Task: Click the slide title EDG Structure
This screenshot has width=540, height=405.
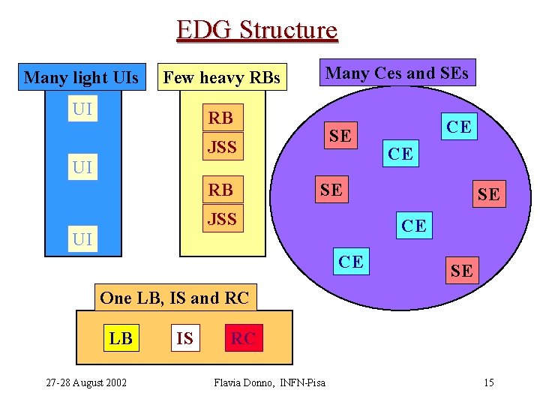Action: pyautogui.click(x=257, y=30)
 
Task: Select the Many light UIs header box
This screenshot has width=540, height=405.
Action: pyautogui.click(x=81, y=77)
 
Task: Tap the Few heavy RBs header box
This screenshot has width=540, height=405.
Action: pyautogui.click(x=222, y=77)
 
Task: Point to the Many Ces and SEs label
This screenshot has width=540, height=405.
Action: pyautogui.click(x=397, y=73)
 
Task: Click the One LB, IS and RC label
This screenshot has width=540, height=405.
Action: pyautogui.click(x=174, y=298)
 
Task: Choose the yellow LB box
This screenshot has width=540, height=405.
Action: pyautogui.click(x=121, y=338)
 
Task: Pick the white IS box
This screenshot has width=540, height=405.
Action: pyautogui.click(x=184, y=338)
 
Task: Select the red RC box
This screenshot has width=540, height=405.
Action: pyautogui.click(x=243, y=338)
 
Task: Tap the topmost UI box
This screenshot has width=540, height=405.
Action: pyautogui.click(x=82, y=109)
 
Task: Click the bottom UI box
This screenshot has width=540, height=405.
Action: pyautogui.click(x=82, y=239)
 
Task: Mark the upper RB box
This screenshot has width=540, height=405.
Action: pyautogui.click(x=220, y=118)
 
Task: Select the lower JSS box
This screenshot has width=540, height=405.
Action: pyautogui.click(x=222, y=219)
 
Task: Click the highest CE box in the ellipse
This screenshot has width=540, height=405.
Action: pyautogui.click(x=459, y=127)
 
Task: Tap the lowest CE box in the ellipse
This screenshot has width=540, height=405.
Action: pyautogui.click(x=351, y=261)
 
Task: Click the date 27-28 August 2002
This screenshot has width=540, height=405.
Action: pyautogui.click(x=86, y=383)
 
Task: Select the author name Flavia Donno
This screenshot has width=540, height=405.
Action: pyautogui.click(x=243, y=383)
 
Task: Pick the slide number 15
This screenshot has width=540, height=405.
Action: pyautogui.click(x=488, y=383)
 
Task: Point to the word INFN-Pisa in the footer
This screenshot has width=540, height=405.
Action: pyautogui.click(x=303, y=383)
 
